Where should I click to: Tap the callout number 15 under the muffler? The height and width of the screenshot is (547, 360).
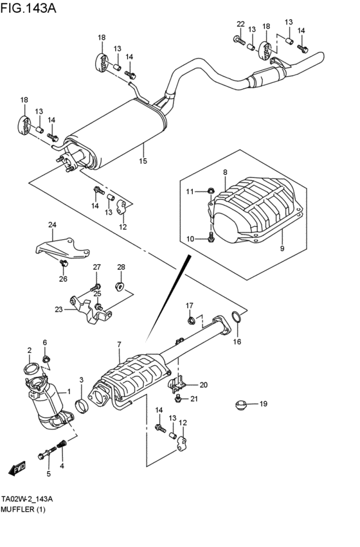(x=143, y=161)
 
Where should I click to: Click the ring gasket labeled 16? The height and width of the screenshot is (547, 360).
(x=237, y=317)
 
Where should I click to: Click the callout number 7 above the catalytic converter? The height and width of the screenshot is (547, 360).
(x=119, y=346)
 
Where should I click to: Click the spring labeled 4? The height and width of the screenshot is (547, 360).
(x=62, y=444)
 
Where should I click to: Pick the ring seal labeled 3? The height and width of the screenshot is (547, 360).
(x=82, y=406)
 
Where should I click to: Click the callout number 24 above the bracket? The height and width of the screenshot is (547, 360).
(x=52, y=224)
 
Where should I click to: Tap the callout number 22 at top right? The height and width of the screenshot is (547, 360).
(x=240, y=24)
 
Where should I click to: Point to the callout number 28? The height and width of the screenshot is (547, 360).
(x=121, y=267)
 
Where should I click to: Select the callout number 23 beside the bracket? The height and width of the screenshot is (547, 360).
(x=59, y=309)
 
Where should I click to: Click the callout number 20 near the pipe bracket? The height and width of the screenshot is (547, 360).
(x=203, y=385)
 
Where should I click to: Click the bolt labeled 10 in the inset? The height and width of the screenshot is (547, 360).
(x=211, y=238)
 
